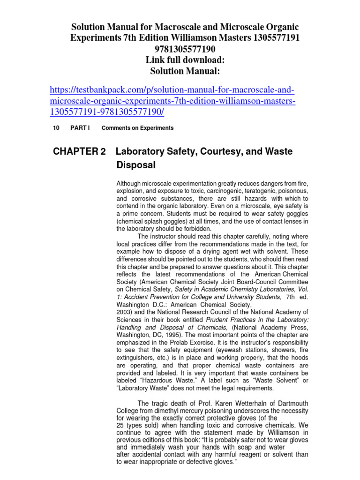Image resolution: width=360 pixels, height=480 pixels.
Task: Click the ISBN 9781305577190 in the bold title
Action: (184, 49)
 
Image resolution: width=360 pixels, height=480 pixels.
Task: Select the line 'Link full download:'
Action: (184, 60)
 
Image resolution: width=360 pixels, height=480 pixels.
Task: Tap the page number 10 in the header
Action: (56, 128)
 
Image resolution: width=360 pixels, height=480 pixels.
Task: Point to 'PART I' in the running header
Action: (80, 128)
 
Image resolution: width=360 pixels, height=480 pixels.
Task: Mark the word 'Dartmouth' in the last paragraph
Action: (286, 404)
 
